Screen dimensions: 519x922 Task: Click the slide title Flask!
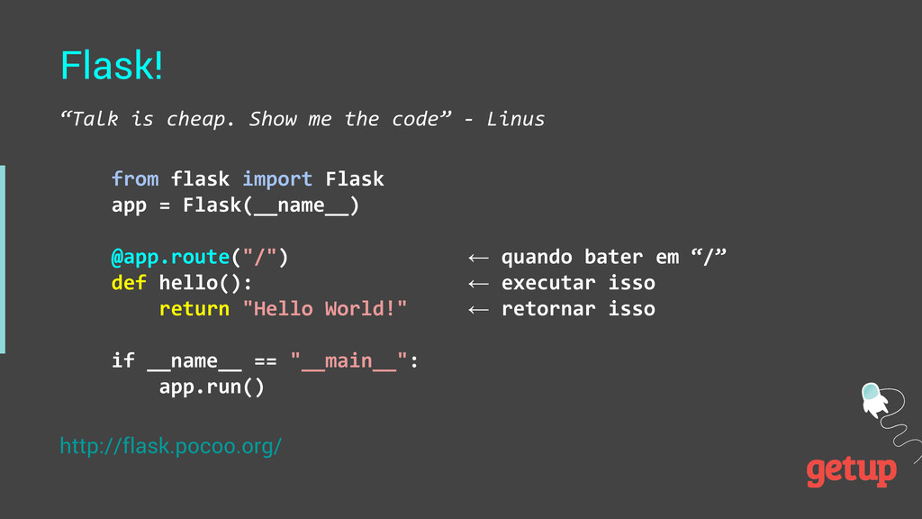tap(112, 65)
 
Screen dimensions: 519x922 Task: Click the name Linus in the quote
tap(515, 119)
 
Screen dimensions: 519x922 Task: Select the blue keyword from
tap(135, 179)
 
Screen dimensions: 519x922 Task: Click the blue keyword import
tap(277, 179)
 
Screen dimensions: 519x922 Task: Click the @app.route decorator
tap(170, 258)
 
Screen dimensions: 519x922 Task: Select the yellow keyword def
tap(129, 283)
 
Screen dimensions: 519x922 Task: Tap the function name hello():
tap(206, 283)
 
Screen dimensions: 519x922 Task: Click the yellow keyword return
tap(194, 309)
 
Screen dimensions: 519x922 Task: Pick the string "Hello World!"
tap(325, 309)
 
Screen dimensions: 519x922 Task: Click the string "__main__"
tap(349, 361)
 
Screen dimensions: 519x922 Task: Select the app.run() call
tap(212, 387)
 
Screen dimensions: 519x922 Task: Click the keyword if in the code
tap(122, 361)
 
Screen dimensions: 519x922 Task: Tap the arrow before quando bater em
tap(478, 259)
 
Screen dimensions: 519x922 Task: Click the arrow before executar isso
tap(478, 284)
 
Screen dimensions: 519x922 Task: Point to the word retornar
tap(548, 309)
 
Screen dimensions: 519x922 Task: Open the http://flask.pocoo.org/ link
tap(171, 446)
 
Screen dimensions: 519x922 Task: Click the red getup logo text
tap(851, 470)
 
